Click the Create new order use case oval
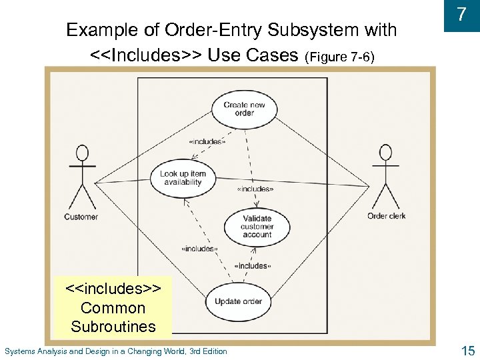coord(244,109)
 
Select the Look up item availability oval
coord(183,178)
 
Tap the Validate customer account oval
coord(257,227)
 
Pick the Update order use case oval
coord(238,301)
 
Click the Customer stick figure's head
coord(82,153)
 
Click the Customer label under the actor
coord(81,217)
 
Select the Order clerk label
coord(387,216)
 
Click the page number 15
coord(467,350)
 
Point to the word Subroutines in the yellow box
coord(113,327)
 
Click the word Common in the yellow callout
coord(113,308)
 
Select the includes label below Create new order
coord(207,141)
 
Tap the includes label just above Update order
coord(252,266)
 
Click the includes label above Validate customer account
coord(255,189)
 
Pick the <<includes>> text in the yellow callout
coord(113,289)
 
